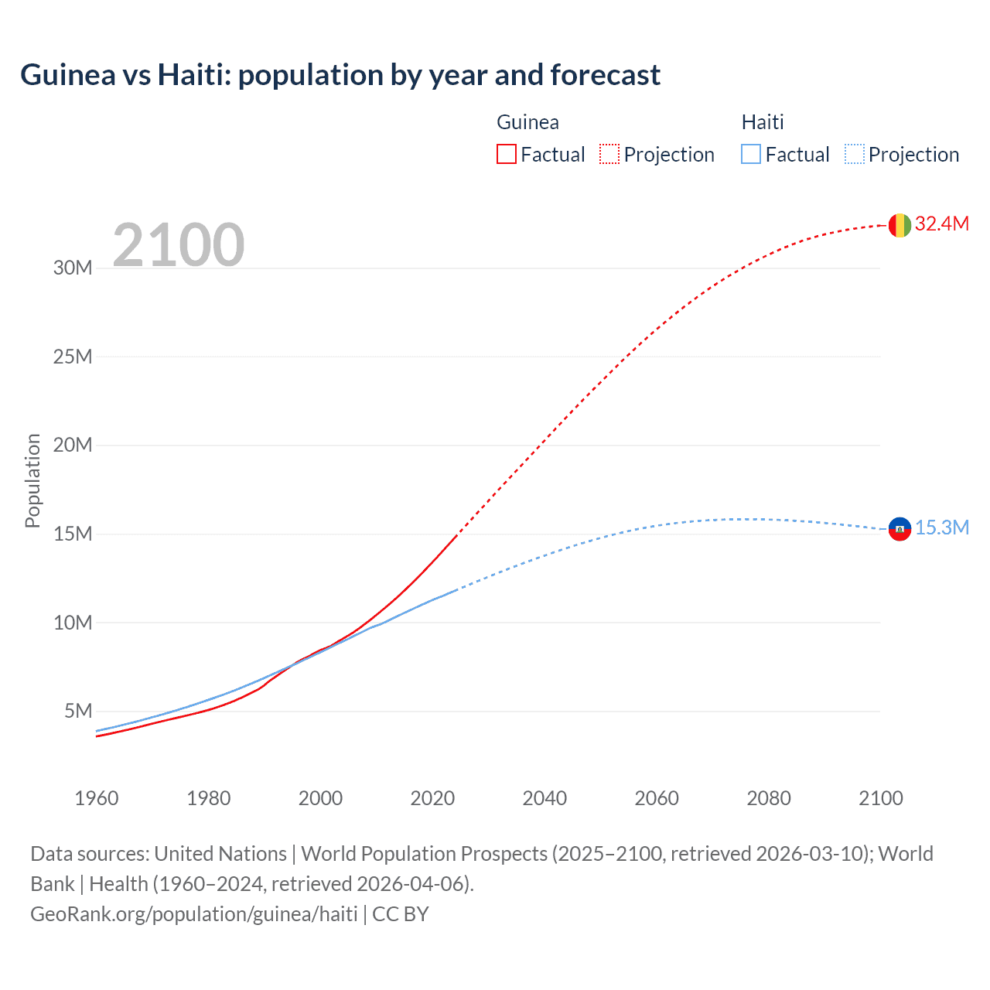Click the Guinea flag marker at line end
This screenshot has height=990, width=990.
point(900,225)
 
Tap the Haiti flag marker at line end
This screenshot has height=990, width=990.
point(900,529)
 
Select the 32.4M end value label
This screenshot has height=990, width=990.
point(941,224)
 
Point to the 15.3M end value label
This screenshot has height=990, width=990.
point(941,527)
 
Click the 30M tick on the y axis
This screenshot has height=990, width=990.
point(73,268)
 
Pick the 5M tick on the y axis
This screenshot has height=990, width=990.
point(78,711)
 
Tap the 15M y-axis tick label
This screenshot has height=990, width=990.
point(73,534)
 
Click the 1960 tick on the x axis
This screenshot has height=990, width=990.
point(97,798)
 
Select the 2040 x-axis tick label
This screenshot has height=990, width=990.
point(544,798)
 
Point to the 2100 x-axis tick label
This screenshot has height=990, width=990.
point(880,798)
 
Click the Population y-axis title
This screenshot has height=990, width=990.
point(32,480)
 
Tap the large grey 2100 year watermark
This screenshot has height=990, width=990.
point(179,245)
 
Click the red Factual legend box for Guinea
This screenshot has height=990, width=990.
point(507,154)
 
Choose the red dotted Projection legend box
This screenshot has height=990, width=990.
point(609,154)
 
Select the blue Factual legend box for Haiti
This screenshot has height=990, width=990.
point(751,154)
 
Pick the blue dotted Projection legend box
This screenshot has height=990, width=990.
point(855,154)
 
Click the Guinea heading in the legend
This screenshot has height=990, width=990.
point(527,122)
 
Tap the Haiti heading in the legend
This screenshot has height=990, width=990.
point(763,122)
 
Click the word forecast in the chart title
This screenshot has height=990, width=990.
point(605,75)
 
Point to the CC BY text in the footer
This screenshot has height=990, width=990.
point(400,914)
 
